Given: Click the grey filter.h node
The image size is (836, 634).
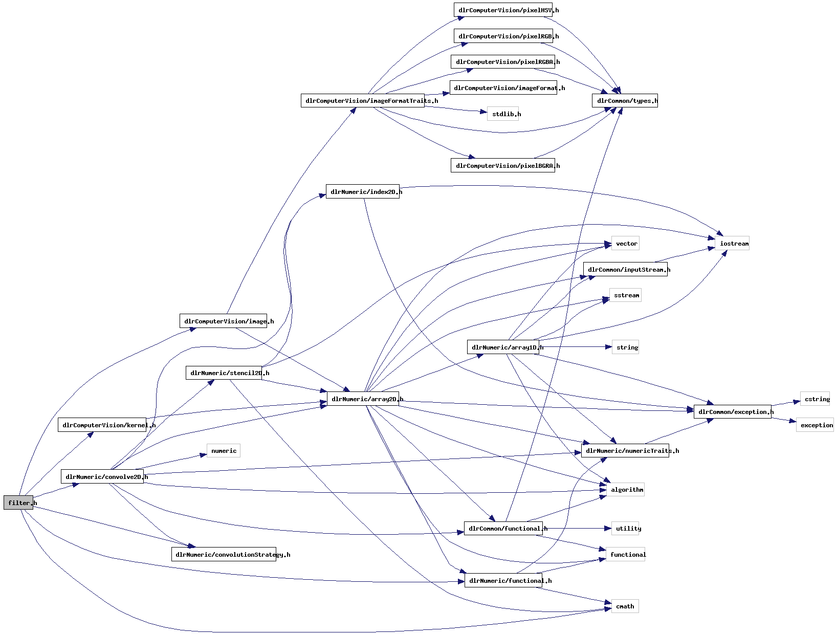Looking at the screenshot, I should pyautogui.click(x=18, y=502).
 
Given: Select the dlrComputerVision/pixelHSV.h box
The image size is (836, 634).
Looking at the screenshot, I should pyautogui.click(x=503, y=10).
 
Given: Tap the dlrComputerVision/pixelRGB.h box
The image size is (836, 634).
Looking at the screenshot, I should pyautogui.click(x=503, y=36).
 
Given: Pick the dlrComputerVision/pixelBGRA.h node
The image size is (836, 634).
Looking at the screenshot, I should pyautogui.click(x=502, y=165).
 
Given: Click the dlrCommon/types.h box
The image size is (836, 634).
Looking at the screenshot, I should pyautogui.click(x=625, y=100).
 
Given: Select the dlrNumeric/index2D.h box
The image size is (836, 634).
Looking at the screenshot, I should pyautogui.click(x=362, y=192).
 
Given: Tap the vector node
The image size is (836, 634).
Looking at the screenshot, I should pyautogui.click(x=626, y=244).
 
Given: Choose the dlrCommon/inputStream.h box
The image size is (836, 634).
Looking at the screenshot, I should pyautogui.click(x=625, y=269).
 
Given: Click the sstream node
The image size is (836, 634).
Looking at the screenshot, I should pyautogui.click(x=625, y=295).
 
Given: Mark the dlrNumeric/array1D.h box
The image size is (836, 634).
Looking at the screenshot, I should pyautogui.click(x=503, y=347).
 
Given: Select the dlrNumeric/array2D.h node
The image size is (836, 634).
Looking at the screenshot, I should pyautogui.click(x=363, y=399).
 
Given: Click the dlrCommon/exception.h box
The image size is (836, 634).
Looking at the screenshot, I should pyautogui.click(x=732, y=411).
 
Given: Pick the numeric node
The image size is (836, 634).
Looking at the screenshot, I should pyautogui.click(x=224, y=451).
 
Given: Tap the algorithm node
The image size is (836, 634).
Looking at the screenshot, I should pyautogui.click(x=625, y=490).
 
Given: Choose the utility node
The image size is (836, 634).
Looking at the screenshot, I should pyautogui.click(x=626, y=529).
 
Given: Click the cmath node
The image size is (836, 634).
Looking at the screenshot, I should pyautogui.click(x=625, y=606).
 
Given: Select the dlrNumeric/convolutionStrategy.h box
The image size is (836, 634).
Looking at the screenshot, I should pyautogui.click(x=224, y=554).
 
